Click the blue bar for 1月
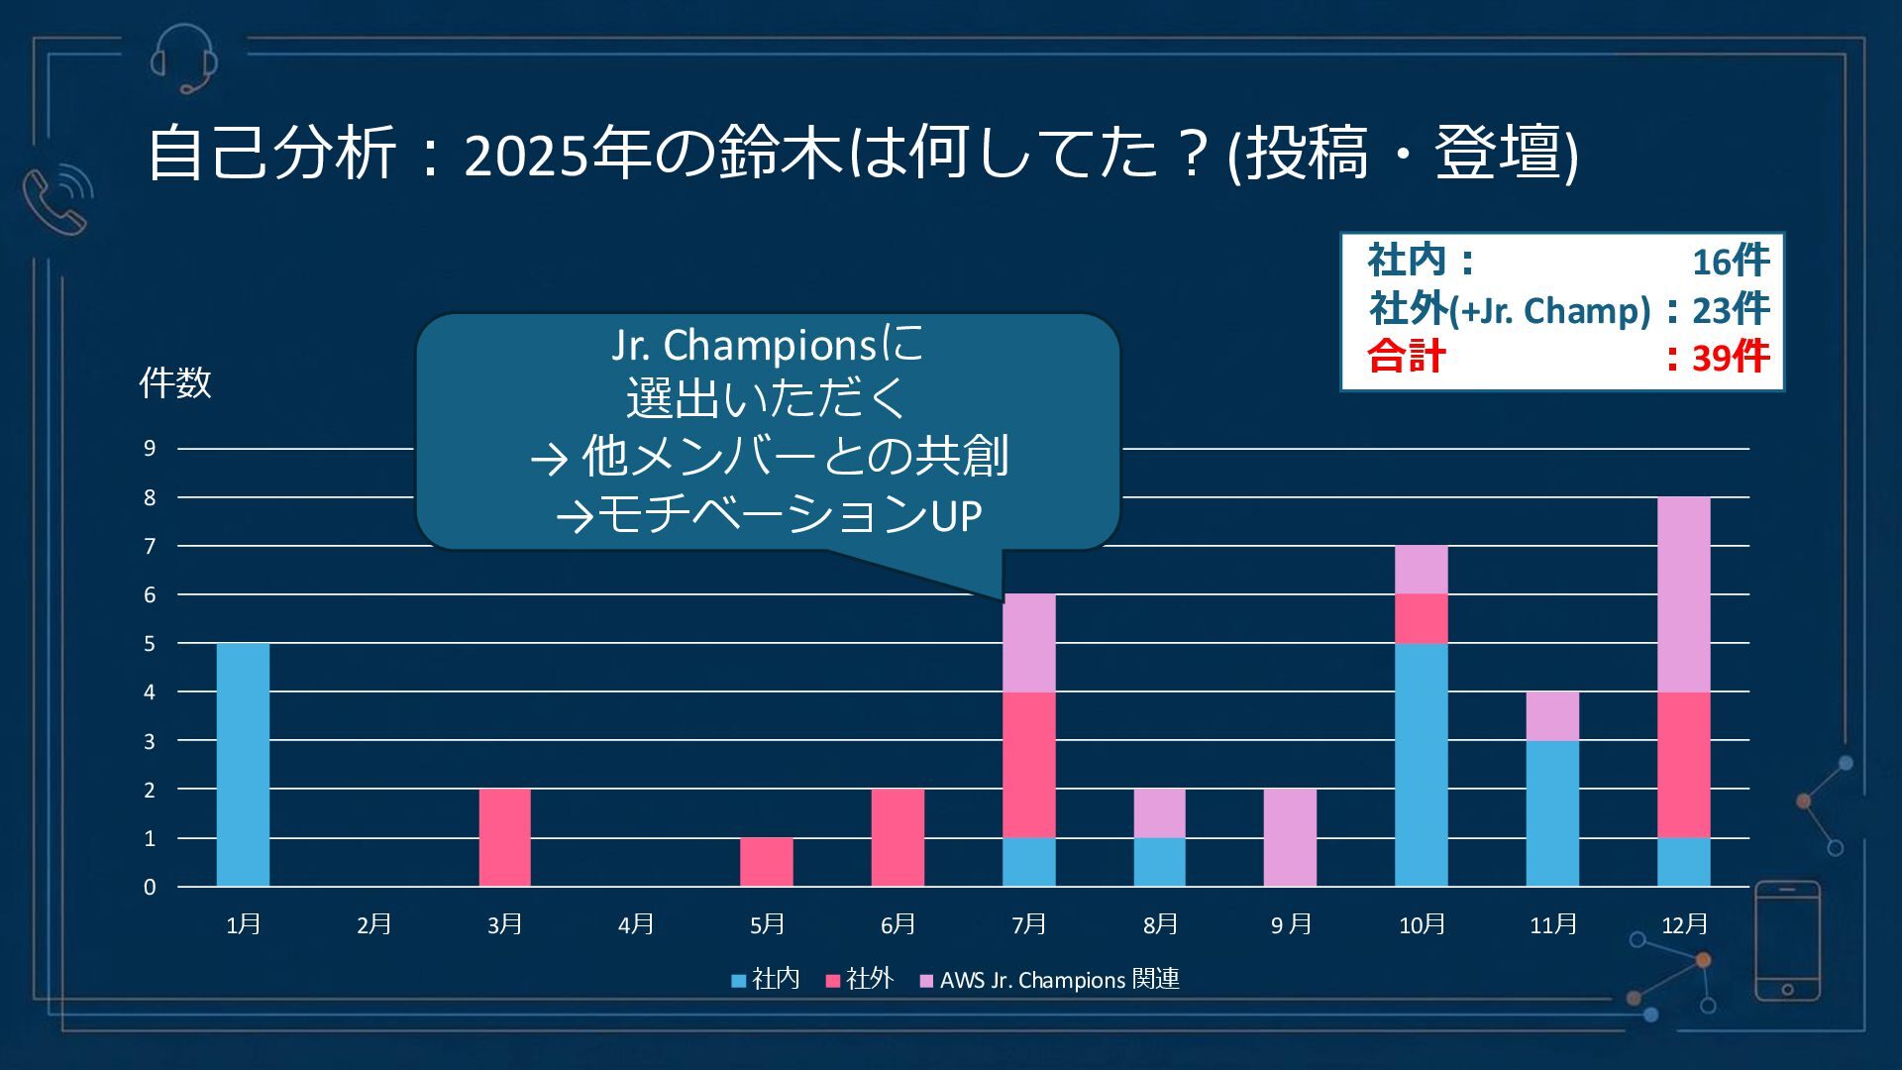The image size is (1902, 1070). [x=243, y=764]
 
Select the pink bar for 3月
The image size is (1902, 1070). [x=504, y=837]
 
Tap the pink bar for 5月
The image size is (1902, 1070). [x=766, y=862]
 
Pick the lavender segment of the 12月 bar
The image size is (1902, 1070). [x=1683, y=594]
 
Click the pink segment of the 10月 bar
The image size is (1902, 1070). [x=1421, y=618]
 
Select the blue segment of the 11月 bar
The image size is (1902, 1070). [x=1552, y=812]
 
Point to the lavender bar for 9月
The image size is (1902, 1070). [x=1290, y=837]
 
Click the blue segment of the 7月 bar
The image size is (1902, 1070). [x=1028, y=862]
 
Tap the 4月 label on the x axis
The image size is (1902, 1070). [x=636, y=924]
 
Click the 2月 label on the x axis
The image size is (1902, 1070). [x=374, y=924]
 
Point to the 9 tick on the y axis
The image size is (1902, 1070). [x=150, y=449]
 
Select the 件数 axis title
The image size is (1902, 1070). [x=175, y=382]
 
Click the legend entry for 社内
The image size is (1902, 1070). [x=766, y=980]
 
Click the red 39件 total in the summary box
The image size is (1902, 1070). [x=1730, y=357]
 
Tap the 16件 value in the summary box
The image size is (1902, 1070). [x=1730, y=262]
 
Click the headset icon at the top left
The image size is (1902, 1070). [x=184, y=58]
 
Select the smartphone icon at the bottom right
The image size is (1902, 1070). [x=1787, y=941]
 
